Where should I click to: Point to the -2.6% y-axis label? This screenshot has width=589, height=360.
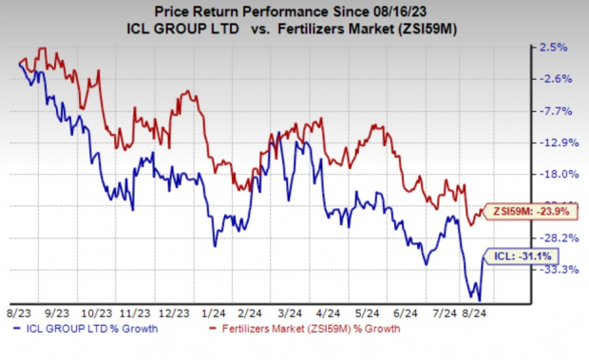tap(555, 79)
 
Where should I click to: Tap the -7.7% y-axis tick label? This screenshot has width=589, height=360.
tap(555, 111)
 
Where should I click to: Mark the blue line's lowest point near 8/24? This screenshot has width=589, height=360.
tap(479, 300)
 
